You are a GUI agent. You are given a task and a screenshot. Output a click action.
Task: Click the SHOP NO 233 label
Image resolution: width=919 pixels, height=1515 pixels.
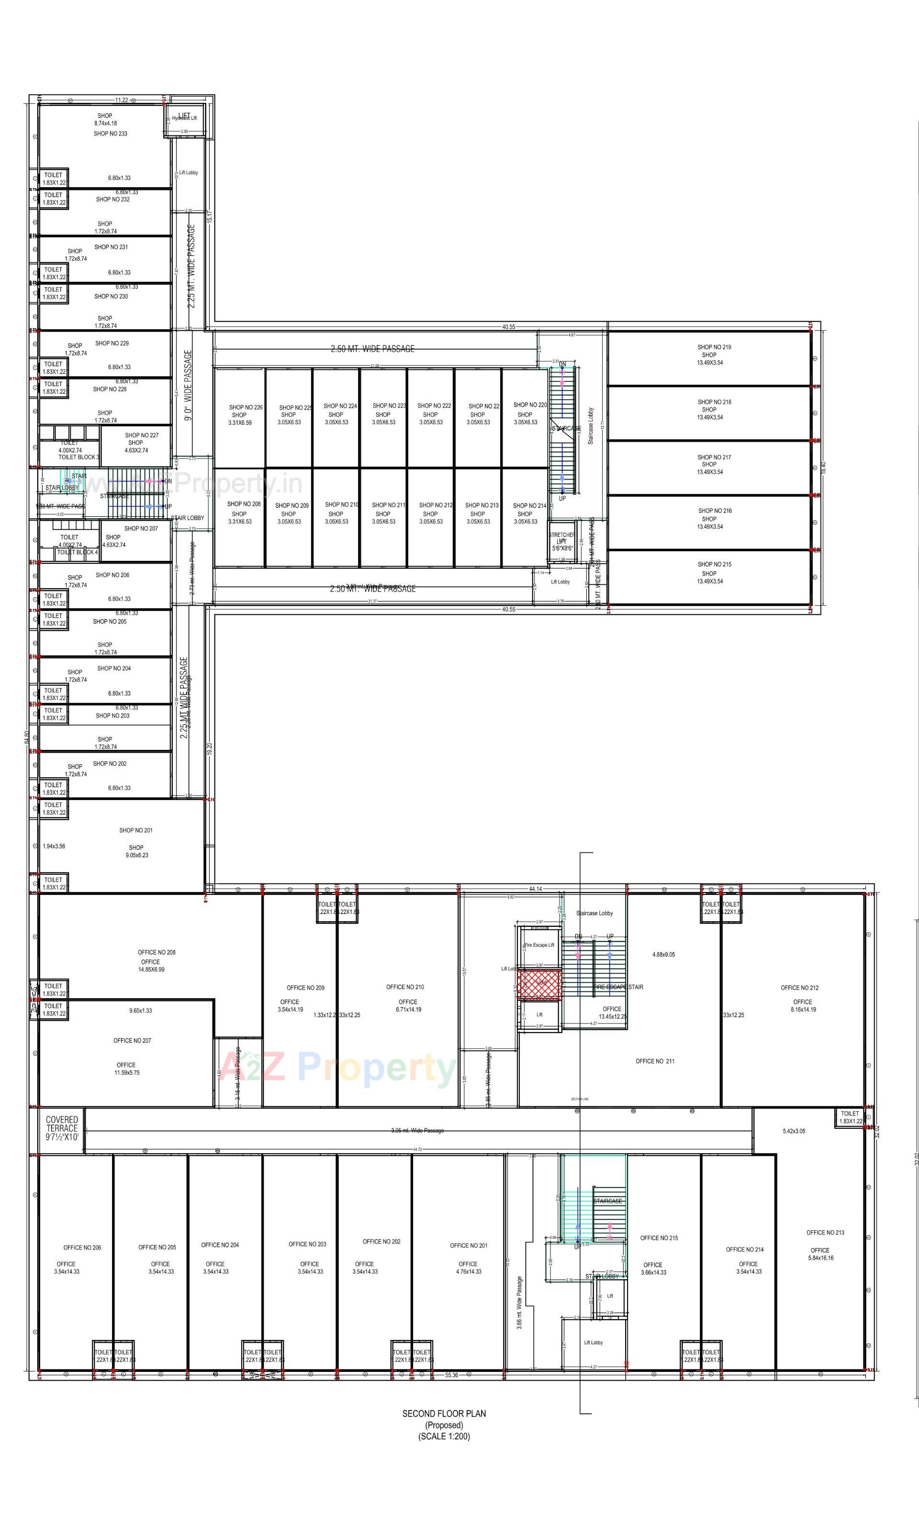[110, 134]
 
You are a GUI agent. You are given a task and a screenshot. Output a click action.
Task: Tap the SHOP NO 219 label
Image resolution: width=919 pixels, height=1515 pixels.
[714, 347]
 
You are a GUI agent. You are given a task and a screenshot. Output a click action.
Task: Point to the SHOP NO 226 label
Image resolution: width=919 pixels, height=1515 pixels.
[246, 408]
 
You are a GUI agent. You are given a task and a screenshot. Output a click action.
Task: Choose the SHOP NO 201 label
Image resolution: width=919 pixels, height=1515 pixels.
[136, 831]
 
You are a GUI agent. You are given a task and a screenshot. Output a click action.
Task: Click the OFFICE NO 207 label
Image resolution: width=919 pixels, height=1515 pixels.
[132, 1041]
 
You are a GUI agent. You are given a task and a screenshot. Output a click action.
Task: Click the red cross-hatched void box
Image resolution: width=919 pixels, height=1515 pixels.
[539, 984]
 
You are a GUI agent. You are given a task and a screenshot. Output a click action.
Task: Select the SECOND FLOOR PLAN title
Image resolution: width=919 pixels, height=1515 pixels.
[444, 1414]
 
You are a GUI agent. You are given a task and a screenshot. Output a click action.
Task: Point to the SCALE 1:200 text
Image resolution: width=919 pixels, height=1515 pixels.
[444, 1437]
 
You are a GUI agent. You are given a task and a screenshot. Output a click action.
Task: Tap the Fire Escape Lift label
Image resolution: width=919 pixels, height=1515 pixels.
[539, 945]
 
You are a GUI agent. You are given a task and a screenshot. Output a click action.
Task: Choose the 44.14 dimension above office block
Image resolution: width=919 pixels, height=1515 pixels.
[535, 889]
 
